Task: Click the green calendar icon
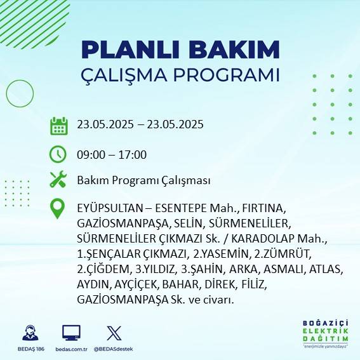58,125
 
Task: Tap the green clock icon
58,154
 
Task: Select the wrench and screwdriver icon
58,180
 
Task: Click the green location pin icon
58,209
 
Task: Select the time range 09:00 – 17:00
112,154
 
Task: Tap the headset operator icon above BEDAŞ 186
29,333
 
